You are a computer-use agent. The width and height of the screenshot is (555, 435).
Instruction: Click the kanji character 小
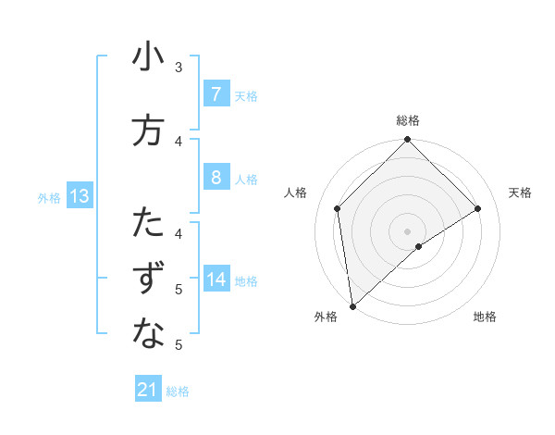click(x=148, y=57)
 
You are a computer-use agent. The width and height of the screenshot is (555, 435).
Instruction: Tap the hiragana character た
click(x=148, y=224)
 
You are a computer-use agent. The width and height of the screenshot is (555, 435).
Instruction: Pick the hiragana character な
click(x=148, y=335)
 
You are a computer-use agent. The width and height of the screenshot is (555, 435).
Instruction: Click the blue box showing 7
click(x=216, y=94)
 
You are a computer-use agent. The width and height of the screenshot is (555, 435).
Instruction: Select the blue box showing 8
click(x=216, y=178)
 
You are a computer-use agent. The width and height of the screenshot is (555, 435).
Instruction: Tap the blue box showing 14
click(x=216, y=280)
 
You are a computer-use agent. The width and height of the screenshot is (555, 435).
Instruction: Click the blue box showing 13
click(x=79, y=196)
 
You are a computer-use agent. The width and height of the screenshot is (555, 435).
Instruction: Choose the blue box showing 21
click(x=148, y=391)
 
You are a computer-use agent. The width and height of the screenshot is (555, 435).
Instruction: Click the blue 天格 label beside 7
click(x=245, y=95)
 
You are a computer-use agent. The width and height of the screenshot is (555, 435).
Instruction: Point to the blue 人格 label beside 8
click(x=245, y=179)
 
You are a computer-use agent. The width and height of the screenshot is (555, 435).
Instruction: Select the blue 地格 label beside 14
click(x=245, y=280)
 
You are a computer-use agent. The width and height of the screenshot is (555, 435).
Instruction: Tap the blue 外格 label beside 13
click(x=49, y=197)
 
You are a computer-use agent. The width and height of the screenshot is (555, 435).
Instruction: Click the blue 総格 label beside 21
click(x=178, y=391)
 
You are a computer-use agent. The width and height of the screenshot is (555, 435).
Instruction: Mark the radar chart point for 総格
click(x=407, y=141)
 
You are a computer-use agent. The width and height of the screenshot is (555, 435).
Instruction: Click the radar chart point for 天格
click(x=478, y=209)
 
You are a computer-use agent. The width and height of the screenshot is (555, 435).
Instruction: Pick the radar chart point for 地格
click(x=419, y=246)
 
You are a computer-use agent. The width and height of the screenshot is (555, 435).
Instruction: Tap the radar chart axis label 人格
click(x=295, y=193)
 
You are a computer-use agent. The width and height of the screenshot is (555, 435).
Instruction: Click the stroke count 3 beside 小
click(x=179, y=67)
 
